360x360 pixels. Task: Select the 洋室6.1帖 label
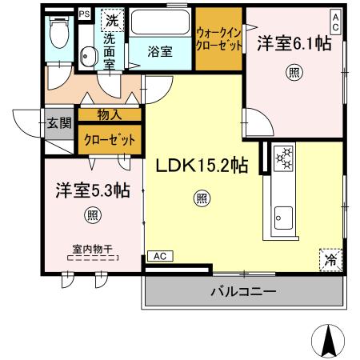pyautogui.click(x=294, y=46)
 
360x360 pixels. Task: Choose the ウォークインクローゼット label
pyautogui.click(x=219, y=38)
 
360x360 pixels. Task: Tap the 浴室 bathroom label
pyautogui.click(x=160, y=51)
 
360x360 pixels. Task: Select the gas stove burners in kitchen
pyautogui.click(x=285, y=158)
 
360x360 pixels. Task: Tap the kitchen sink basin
pyautogui.click(x=284, y=215)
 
